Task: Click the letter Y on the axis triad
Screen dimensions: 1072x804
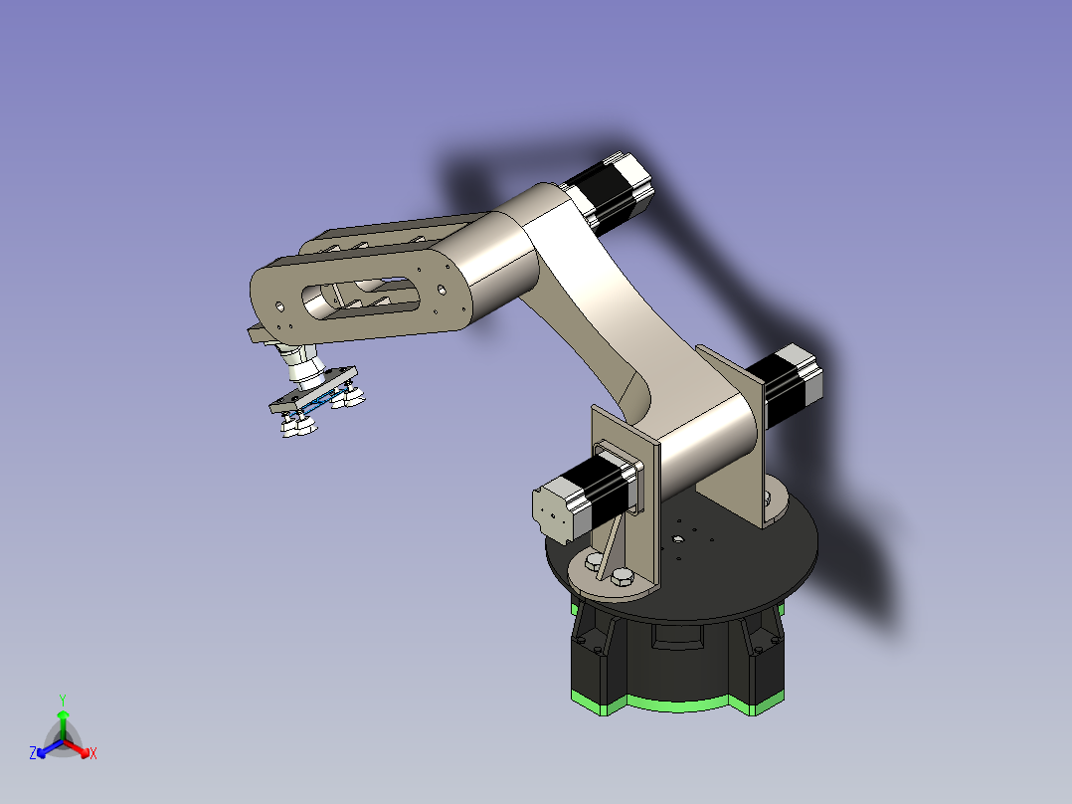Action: [x=63, y=700]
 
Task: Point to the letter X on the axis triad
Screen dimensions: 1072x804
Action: [x=93, y=753]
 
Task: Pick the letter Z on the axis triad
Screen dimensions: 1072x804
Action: [x=32, y=752]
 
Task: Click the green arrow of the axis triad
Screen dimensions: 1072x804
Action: [x=63, y=724]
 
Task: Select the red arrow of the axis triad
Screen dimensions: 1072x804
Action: [x=77, y=748]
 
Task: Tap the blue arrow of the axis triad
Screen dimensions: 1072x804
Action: [x=50, y=748]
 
